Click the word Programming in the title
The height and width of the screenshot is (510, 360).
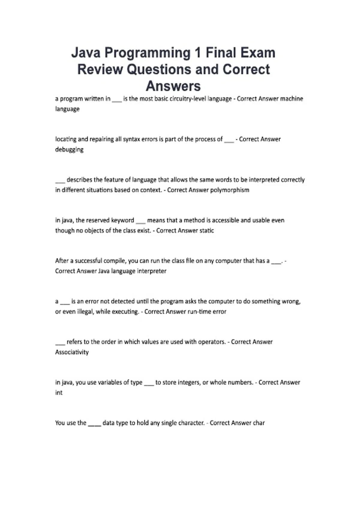pyautogui.click(x=147, y=53)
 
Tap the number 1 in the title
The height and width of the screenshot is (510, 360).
pyautogui.click(x=198, y=53)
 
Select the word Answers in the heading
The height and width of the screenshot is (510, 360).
pyautogui.click(x=173, y=86)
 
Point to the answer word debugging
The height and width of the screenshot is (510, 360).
pyautogui.click(x=69, y=149)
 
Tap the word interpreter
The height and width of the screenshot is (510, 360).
pyautogui.click(x=151, y=271)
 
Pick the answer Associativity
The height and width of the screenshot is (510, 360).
pyautogui.click(x=72, y=352)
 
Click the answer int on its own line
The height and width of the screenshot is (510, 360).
pyautogui.click(x=59, y=392)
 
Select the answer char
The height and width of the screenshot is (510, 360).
pyautogui.click(x=259, y=423)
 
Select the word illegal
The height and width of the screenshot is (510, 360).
pyautogui.click(x=85, y=311)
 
